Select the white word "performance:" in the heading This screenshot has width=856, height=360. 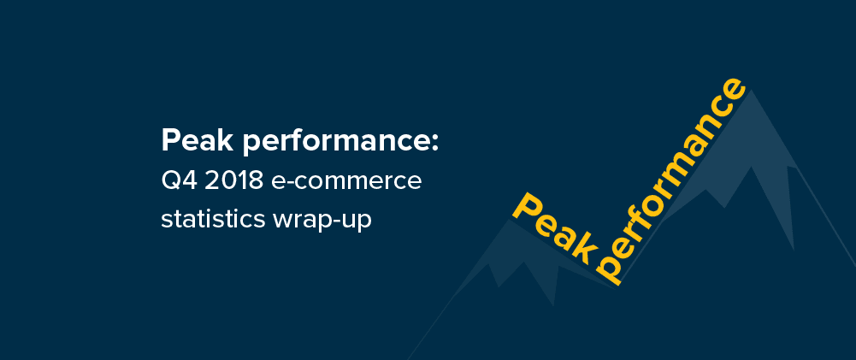340,144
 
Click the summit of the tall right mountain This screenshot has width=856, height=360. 752,90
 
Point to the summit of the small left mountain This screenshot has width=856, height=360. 509,220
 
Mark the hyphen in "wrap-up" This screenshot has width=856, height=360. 338,221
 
